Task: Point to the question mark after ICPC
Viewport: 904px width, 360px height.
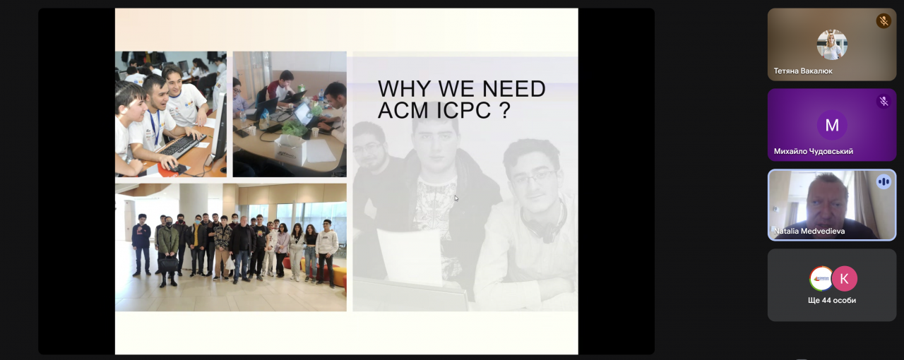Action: click(x=505, y=110)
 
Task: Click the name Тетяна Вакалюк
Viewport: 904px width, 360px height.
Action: click(x=803, y=71)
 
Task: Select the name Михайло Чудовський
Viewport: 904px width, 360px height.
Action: click(x=813, y=151)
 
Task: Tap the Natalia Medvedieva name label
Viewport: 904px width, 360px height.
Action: click(x=809, y=232)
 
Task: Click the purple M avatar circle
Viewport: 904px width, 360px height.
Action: click(x=832, y=125)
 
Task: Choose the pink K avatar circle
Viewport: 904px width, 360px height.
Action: click(x=844, y=279)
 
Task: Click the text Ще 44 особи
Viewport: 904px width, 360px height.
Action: click(x=832, y=300)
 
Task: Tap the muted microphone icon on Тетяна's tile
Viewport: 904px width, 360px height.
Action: click(x=884, y=21)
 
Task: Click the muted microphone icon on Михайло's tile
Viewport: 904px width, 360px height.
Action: click(x=884, y=102)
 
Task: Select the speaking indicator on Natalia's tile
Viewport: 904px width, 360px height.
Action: click(x=884, y=182)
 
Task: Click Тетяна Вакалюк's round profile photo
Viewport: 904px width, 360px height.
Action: click(x=832, y=44)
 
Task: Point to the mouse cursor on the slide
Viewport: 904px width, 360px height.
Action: click(x=456, y=198)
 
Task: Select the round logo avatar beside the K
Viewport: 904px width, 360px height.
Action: click(x=821, y=279)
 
